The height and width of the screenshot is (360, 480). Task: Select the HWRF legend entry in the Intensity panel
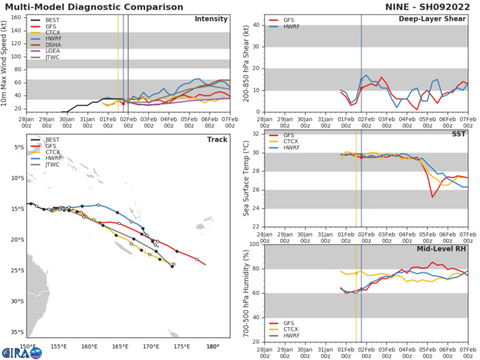click(x=55, y=43)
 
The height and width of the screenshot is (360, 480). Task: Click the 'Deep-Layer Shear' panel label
click(x=438, y=19)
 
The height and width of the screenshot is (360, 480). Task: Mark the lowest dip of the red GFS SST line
click(x=432, y=197)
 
